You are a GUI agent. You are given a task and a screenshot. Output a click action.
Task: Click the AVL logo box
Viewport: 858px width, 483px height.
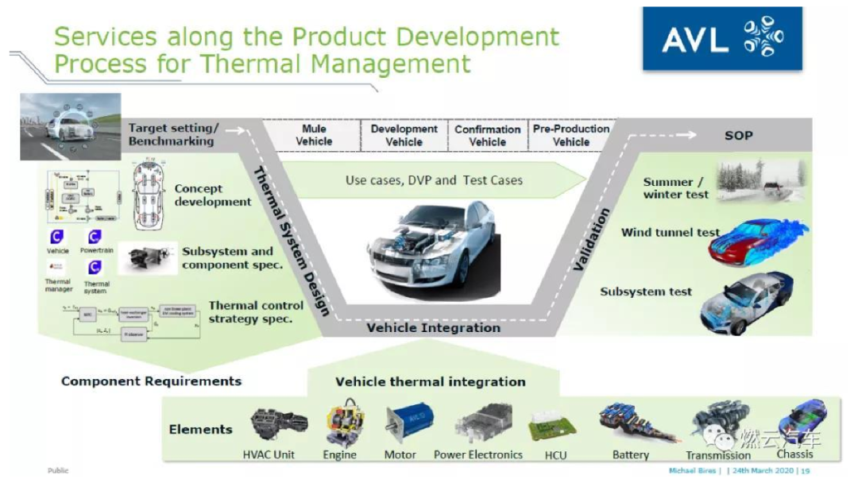(x=721, y=39)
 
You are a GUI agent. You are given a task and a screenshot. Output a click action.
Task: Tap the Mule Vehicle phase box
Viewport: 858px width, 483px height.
(x=313, y=135)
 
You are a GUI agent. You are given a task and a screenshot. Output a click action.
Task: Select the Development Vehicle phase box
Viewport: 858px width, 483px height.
(x=404, y=135)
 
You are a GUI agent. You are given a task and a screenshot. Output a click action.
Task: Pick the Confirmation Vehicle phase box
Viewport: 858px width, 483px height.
(x=487, y=135)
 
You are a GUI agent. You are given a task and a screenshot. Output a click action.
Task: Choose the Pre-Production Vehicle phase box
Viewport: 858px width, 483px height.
(x=571, y=135)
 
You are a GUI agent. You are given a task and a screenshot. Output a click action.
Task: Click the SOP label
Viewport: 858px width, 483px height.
(x=738, y=135)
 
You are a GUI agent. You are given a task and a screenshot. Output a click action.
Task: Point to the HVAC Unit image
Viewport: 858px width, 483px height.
(x=278, y=427)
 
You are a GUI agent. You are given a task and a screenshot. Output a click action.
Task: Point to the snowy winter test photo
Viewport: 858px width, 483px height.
(x=759, y=180)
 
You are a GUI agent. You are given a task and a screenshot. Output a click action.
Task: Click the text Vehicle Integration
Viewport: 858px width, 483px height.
(x=433, y=327)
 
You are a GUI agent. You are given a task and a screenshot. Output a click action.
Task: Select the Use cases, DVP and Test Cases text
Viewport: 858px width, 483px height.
(x=434, y=180)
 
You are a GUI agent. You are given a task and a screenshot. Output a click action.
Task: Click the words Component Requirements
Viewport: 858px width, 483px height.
(x=151, y=381)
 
